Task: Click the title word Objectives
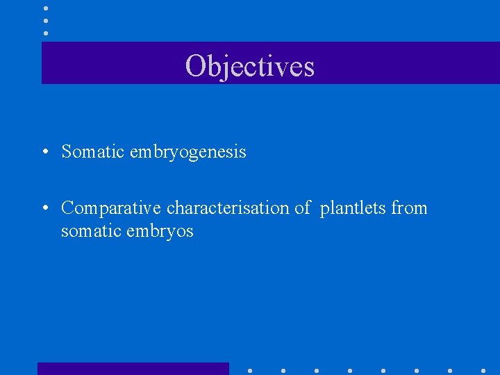250,66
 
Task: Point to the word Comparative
111,208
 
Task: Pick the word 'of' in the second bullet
302,208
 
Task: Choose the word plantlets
353,208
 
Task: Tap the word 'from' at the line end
409,208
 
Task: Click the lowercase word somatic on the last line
90,231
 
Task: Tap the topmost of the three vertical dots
45,8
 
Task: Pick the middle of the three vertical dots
45,21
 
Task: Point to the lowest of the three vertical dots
45,33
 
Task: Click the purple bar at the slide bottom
133,369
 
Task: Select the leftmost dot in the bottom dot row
250,371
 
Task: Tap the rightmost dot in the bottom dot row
483,371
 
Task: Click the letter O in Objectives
195,66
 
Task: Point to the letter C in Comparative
68,208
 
